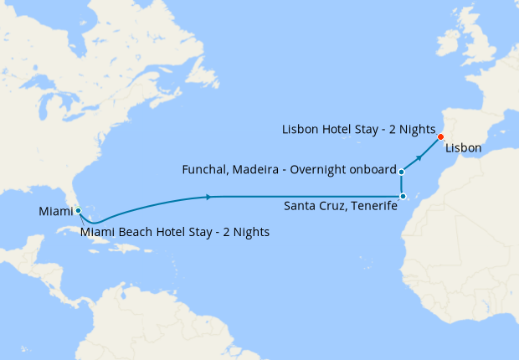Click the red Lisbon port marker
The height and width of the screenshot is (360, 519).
pos(440,136)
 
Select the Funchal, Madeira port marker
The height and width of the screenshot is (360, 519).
pos(403,172)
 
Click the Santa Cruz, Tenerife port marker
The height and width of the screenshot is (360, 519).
pos(403,197)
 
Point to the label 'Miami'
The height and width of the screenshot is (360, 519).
pos(56,213)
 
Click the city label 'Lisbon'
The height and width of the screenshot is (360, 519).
pos(463,148)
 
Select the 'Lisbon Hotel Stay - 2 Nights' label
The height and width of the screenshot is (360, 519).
pos(357,131)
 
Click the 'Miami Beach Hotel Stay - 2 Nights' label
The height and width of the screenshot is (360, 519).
pos(175,232)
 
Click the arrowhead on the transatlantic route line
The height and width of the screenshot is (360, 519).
pos(206,197)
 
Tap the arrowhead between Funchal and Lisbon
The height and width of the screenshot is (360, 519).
pos(419,157)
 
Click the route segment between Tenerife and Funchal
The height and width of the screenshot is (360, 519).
pos(403,184)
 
